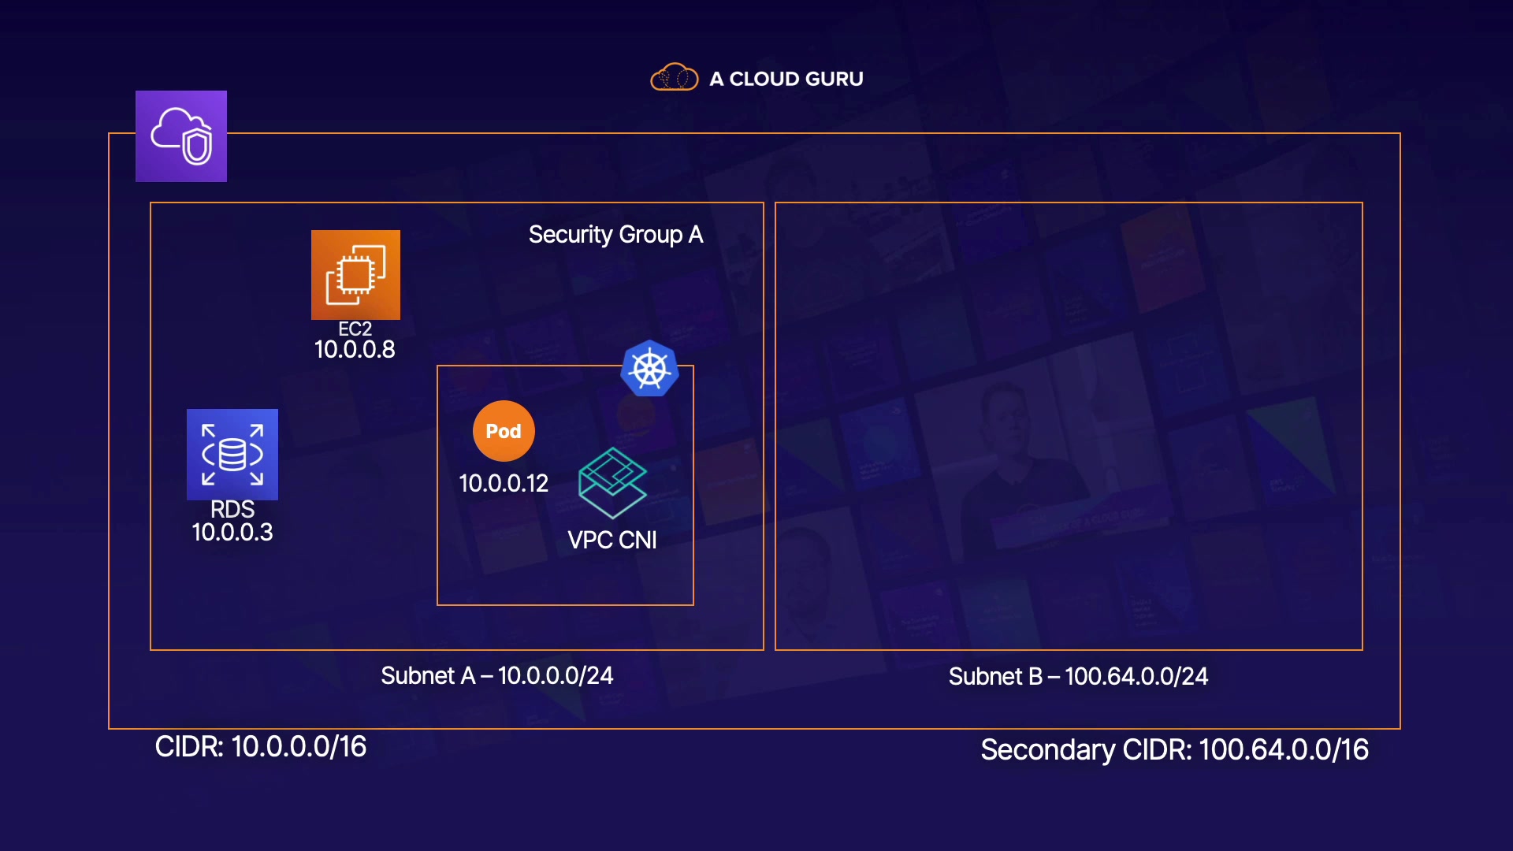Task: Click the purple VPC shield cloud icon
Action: pos(181,136)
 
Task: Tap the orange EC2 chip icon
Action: pos(355,275)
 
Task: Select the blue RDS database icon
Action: pos(232,455)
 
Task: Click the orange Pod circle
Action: pos(504,431)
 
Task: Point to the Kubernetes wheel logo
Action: pos(649,369)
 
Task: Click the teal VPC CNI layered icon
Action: pos(612,482)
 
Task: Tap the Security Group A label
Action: pos(615,235)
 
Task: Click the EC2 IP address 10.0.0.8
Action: pos(355,350)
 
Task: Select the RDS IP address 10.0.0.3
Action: pos(232,533)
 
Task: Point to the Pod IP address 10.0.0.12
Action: pos(504,483)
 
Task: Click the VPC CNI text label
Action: pos(612,541)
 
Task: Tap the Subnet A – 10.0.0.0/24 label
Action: pos(497,676)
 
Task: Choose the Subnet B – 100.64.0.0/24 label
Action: pos(1078,677)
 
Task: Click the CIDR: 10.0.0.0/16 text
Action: pos(261,747)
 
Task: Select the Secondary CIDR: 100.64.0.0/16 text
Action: pos(1174,750)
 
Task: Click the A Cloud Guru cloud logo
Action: pos(674,78)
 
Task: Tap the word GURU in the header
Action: pos(835,79)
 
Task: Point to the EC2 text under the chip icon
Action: pos(355,329)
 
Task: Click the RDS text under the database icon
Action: pos(232,509)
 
